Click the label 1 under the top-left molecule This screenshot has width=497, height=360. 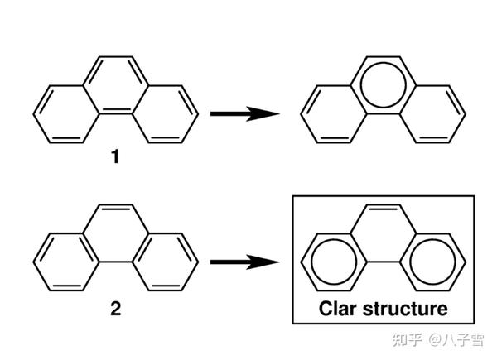pyautogui.click(x=115, y=155)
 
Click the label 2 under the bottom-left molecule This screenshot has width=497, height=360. pyautogui.click(x=115, y=311)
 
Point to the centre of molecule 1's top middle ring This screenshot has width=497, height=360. pyautogui.click(x=116, y=84)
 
